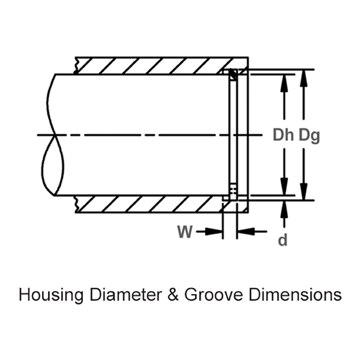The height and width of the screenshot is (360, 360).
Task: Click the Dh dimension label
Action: pyautogui.click(x=283, y=136)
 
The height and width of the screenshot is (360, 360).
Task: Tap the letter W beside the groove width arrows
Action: pyautogui.click(x=185, y=232)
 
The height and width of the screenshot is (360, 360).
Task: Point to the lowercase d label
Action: pyautogui.click(x=283, y=240)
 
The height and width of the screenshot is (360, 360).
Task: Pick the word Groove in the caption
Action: pyautogui.click(x=204, y=295)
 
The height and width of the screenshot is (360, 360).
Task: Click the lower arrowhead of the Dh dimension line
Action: pyautogui.click(x=283, y=188)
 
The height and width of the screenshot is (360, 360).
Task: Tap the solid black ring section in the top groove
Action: pyautogui.click(x=233, y=74)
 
